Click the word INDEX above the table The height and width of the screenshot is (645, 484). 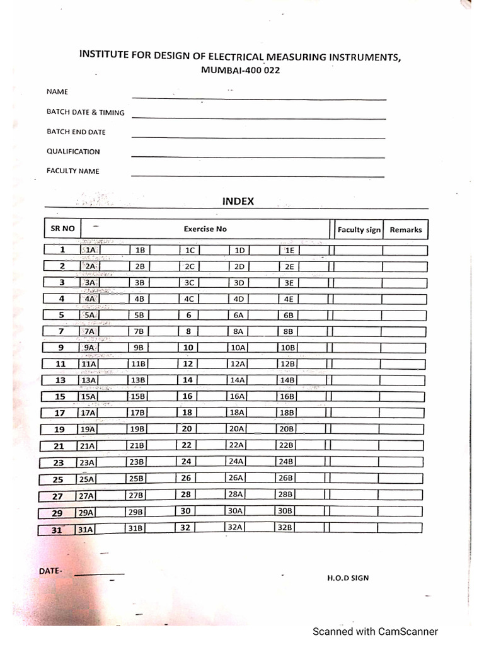pyautogui.click(x=238, y=202)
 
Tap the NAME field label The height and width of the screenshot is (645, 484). pyautogui.click(x=57, y=92)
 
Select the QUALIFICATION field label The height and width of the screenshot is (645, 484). pyautogui.click(x=73, y=152)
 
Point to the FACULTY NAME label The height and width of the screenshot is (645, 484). pyautogui.click(x=72, y=171)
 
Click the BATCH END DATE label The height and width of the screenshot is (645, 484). pyautogui.click(x=76, y=132)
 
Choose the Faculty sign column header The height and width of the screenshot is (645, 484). pyautogui.click(x=359, y=230)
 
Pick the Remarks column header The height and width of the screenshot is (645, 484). pyautogui.click(x=405, y=230)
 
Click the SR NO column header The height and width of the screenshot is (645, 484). pyautogui.click(x=62, y=229)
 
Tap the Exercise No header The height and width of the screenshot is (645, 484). pyautogui.click(x=205, y=229)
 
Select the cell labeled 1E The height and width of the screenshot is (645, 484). pyautogui.click(x=289, y=250)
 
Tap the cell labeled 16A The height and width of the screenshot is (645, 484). pyautogui.click(x=237, y=397)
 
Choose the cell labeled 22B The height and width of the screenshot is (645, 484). pyautogui.click(x=286, y=445)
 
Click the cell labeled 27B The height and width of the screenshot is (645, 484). pyautogui.click(x=137, y=495)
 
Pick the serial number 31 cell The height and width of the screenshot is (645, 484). pyautogui.click(x=57, y=530)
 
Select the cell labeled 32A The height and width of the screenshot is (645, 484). pyautogui.click(x=235, y=527)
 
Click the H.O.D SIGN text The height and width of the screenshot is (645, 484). pyautogui.click(x=348, y=578)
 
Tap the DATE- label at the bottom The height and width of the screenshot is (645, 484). pyautogui.click(x=51, y=571)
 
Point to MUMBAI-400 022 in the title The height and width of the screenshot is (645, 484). pyautogui.click(x=240, y=71)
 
